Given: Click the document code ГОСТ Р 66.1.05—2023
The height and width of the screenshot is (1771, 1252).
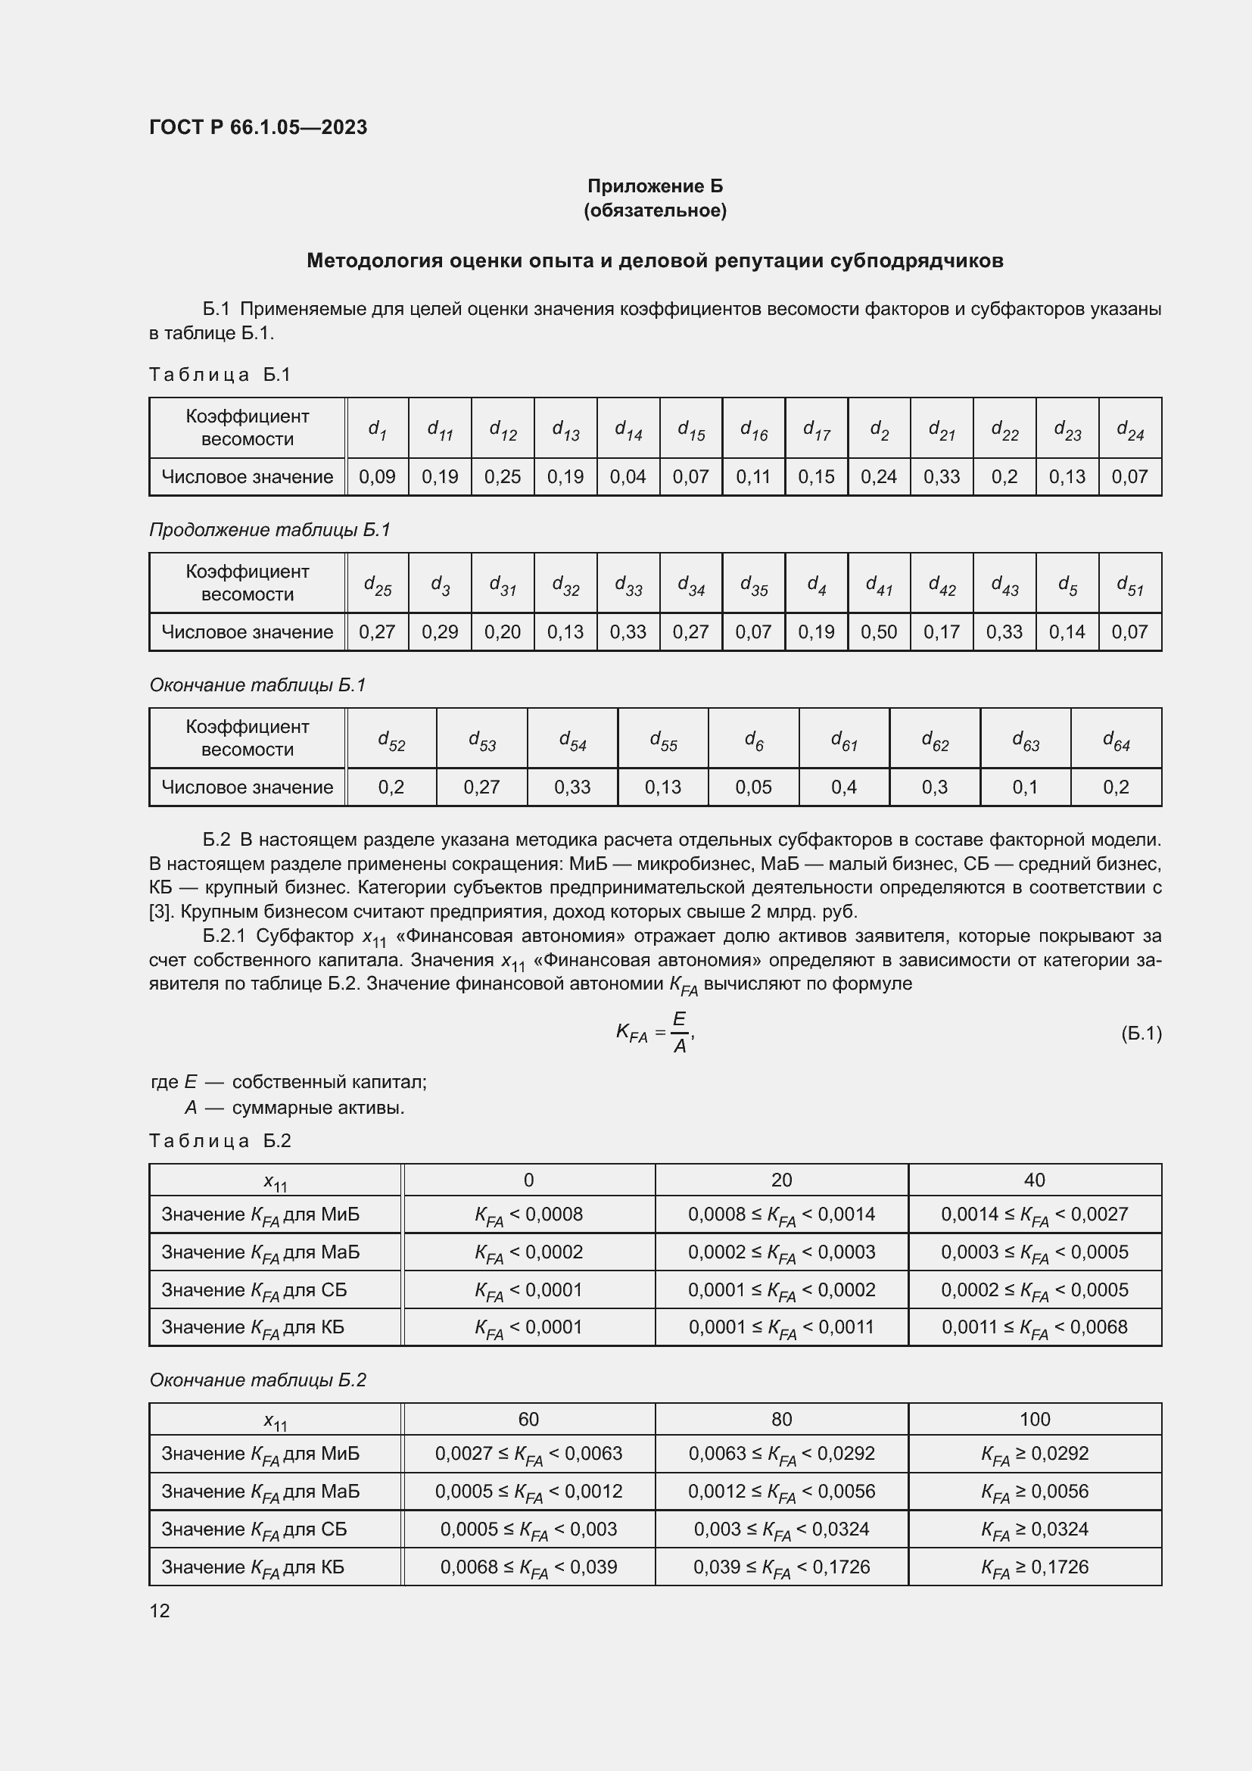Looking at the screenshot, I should click(x=257, y=127).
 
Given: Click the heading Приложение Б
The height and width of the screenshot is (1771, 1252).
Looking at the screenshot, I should click(x=655, y=186).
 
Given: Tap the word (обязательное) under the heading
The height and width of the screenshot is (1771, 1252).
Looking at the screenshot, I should click(x=655, y=210).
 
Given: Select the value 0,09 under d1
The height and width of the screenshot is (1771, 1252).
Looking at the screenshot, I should click(x=377, y=477).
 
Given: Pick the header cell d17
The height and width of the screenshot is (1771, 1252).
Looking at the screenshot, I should click(x=817, y=429).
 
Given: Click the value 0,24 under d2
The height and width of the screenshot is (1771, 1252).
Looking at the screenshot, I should click(x=879, y=477).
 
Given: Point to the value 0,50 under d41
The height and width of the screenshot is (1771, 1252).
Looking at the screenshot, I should click(x=879, y=631).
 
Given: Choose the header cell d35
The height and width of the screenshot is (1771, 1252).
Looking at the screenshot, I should click(x=753, y=585).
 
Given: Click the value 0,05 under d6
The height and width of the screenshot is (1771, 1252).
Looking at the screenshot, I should click(x=753, y=787).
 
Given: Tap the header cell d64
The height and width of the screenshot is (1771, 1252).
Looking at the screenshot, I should click(x=1116, y=740).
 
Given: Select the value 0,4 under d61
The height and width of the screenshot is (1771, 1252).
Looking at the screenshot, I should click(x=843, y=787).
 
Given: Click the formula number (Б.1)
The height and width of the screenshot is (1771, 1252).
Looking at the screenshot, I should click(x=1140, y=1033).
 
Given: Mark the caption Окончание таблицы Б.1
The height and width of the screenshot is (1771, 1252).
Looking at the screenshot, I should click(x=257, y=685).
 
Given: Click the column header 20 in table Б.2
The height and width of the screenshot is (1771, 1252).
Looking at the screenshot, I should click(x=781, y=1180).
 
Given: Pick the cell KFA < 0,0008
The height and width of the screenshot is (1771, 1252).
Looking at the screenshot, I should click(x=528, y=1214).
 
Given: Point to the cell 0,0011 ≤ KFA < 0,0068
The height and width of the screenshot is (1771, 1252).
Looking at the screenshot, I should click(x=1034, y=1327).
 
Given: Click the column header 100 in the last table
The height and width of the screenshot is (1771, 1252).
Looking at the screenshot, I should click(x=1034, y=1418).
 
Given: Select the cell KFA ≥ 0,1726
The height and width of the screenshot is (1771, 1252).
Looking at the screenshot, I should click(x=1034, y=1567).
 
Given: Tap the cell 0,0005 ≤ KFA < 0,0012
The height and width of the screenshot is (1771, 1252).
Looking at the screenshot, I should click(x=528, y=1491).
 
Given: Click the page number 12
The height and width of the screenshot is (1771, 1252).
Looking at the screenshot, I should click(x=160, y=1610).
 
